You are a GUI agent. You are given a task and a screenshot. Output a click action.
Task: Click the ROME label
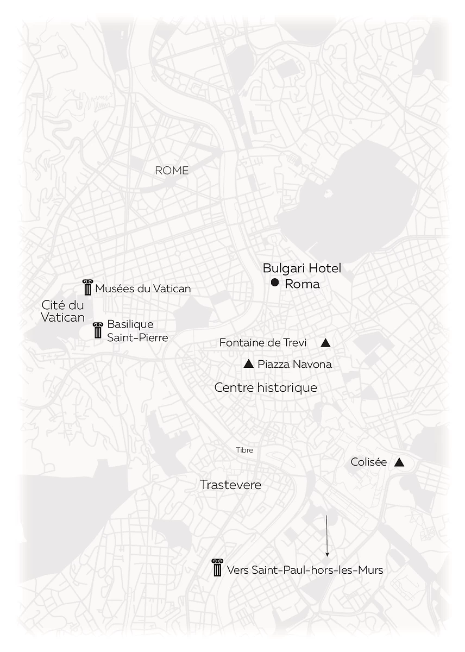[x=172, y=171]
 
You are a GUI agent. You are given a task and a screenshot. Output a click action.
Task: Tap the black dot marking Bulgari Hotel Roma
[x=275, y=283]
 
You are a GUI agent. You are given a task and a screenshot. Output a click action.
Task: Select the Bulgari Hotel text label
[x=301, y=268]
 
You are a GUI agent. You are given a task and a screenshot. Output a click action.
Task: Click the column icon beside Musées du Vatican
[x=87, y=288]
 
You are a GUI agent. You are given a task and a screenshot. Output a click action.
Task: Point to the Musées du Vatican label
[x=143, y=289]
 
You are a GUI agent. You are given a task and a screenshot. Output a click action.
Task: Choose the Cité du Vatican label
[x=63, y=311]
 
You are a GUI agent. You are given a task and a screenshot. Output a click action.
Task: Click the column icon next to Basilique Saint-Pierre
[x=98, y=330]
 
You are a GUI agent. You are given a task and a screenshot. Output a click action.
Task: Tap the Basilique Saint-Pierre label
[x=137, y=331]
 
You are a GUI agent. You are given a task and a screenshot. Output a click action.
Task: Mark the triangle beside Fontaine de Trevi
[x=325, y=343]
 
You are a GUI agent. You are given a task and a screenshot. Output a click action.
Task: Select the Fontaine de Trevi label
[x=263, y=343]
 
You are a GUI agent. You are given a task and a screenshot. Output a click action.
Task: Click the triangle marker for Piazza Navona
[x=249, y=364]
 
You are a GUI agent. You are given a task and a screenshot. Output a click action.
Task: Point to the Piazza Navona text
[x=294, y=364]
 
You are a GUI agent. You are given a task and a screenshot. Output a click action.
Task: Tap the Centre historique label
[x=266, y=388]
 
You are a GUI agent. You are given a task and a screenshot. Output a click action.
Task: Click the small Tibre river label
[x=244, y=450]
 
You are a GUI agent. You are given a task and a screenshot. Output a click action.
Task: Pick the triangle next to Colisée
[x=399, y=462]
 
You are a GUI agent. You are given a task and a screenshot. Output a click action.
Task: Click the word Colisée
[x=369, y=462]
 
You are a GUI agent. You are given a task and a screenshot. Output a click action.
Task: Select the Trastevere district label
[x=230, y=485]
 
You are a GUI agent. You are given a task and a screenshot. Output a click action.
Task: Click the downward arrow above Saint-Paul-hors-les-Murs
[x=327, y=536]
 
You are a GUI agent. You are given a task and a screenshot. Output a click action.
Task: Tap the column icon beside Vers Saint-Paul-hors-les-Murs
[x=217, y=568]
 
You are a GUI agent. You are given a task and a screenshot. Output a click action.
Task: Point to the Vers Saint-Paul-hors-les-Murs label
[x=305, y=570]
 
